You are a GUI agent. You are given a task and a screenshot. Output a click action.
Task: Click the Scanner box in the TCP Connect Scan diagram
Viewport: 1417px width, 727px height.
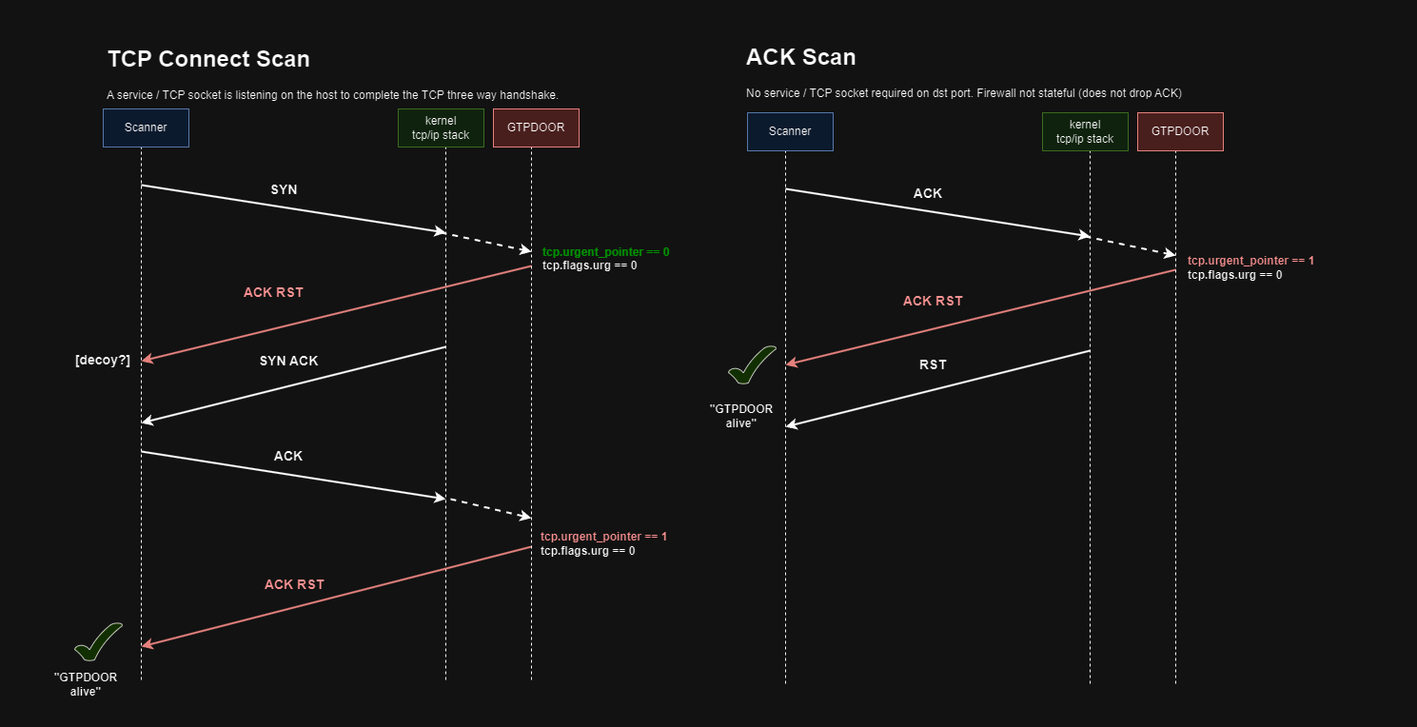tap(146, 128)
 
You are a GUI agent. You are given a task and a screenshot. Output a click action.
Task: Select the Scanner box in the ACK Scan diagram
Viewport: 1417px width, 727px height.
tap(790, 131)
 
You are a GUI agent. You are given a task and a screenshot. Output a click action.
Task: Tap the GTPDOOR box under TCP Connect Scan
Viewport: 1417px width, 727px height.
tap(536, 128)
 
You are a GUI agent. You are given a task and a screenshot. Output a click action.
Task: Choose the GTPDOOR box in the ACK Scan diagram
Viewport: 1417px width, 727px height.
tap(1180, 131)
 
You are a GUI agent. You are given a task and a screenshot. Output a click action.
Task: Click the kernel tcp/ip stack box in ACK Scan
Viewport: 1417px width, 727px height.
tap(1085, 131)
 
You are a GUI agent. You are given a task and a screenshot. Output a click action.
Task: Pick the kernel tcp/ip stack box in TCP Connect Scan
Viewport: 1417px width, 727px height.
tap(441, 128)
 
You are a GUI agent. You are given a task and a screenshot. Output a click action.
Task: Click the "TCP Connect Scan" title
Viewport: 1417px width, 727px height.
tap(208, 59)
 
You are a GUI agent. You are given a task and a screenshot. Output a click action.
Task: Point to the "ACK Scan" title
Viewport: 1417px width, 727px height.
tap(800, 57)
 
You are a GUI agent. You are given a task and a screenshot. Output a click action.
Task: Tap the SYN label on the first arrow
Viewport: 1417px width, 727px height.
tap(284, 189)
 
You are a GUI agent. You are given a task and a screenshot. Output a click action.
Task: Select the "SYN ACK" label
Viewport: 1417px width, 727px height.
tap(289, 361)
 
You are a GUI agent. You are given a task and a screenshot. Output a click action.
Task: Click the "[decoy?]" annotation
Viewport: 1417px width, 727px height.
tap(103, 360)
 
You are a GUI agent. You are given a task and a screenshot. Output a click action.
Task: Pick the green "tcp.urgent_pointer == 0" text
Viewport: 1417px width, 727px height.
tap(606, 252)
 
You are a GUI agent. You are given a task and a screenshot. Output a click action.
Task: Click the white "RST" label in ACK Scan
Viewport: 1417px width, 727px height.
tap(934, 364)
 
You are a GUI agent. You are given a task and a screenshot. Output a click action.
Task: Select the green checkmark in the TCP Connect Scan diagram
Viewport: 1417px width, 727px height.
tap(98, 641)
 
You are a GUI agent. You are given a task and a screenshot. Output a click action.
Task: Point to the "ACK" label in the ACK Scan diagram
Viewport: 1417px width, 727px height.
tap(928, 193)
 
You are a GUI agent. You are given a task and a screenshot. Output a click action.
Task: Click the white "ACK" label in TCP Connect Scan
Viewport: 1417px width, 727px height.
tap(288, 456)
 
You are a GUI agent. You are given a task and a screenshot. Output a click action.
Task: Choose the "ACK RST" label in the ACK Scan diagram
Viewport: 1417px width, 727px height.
tap(933, 301)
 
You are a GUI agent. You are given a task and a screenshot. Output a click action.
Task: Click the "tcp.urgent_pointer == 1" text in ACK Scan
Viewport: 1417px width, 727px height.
tap(1250, 260)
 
